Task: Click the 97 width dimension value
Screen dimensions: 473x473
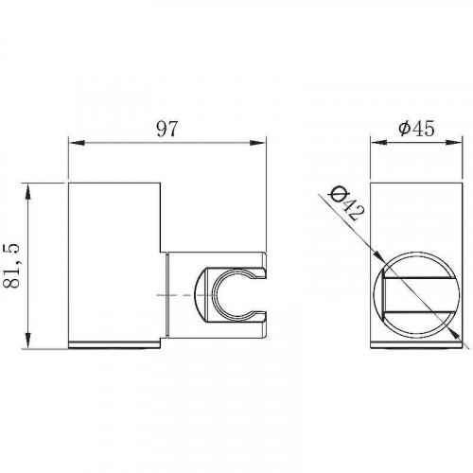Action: click(x=167, y=129)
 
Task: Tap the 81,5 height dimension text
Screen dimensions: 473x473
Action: click(x=11, y=265)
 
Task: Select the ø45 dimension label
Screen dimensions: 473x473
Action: click(x=416, y=129)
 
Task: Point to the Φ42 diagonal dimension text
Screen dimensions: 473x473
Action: click(x=346, y=203)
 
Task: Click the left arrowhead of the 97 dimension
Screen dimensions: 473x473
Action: click(x=77, y=143)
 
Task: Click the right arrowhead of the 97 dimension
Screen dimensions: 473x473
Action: click(x=258, y=143)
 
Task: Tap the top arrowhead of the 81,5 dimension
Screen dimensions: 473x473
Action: click(x=28, y=192)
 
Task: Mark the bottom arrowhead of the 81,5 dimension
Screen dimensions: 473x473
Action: click(x=28, y=340)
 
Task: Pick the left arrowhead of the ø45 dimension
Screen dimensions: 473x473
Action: click(x=378, y=143)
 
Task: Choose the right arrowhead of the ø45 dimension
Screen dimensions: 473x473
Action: click(x=454, y=143)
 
